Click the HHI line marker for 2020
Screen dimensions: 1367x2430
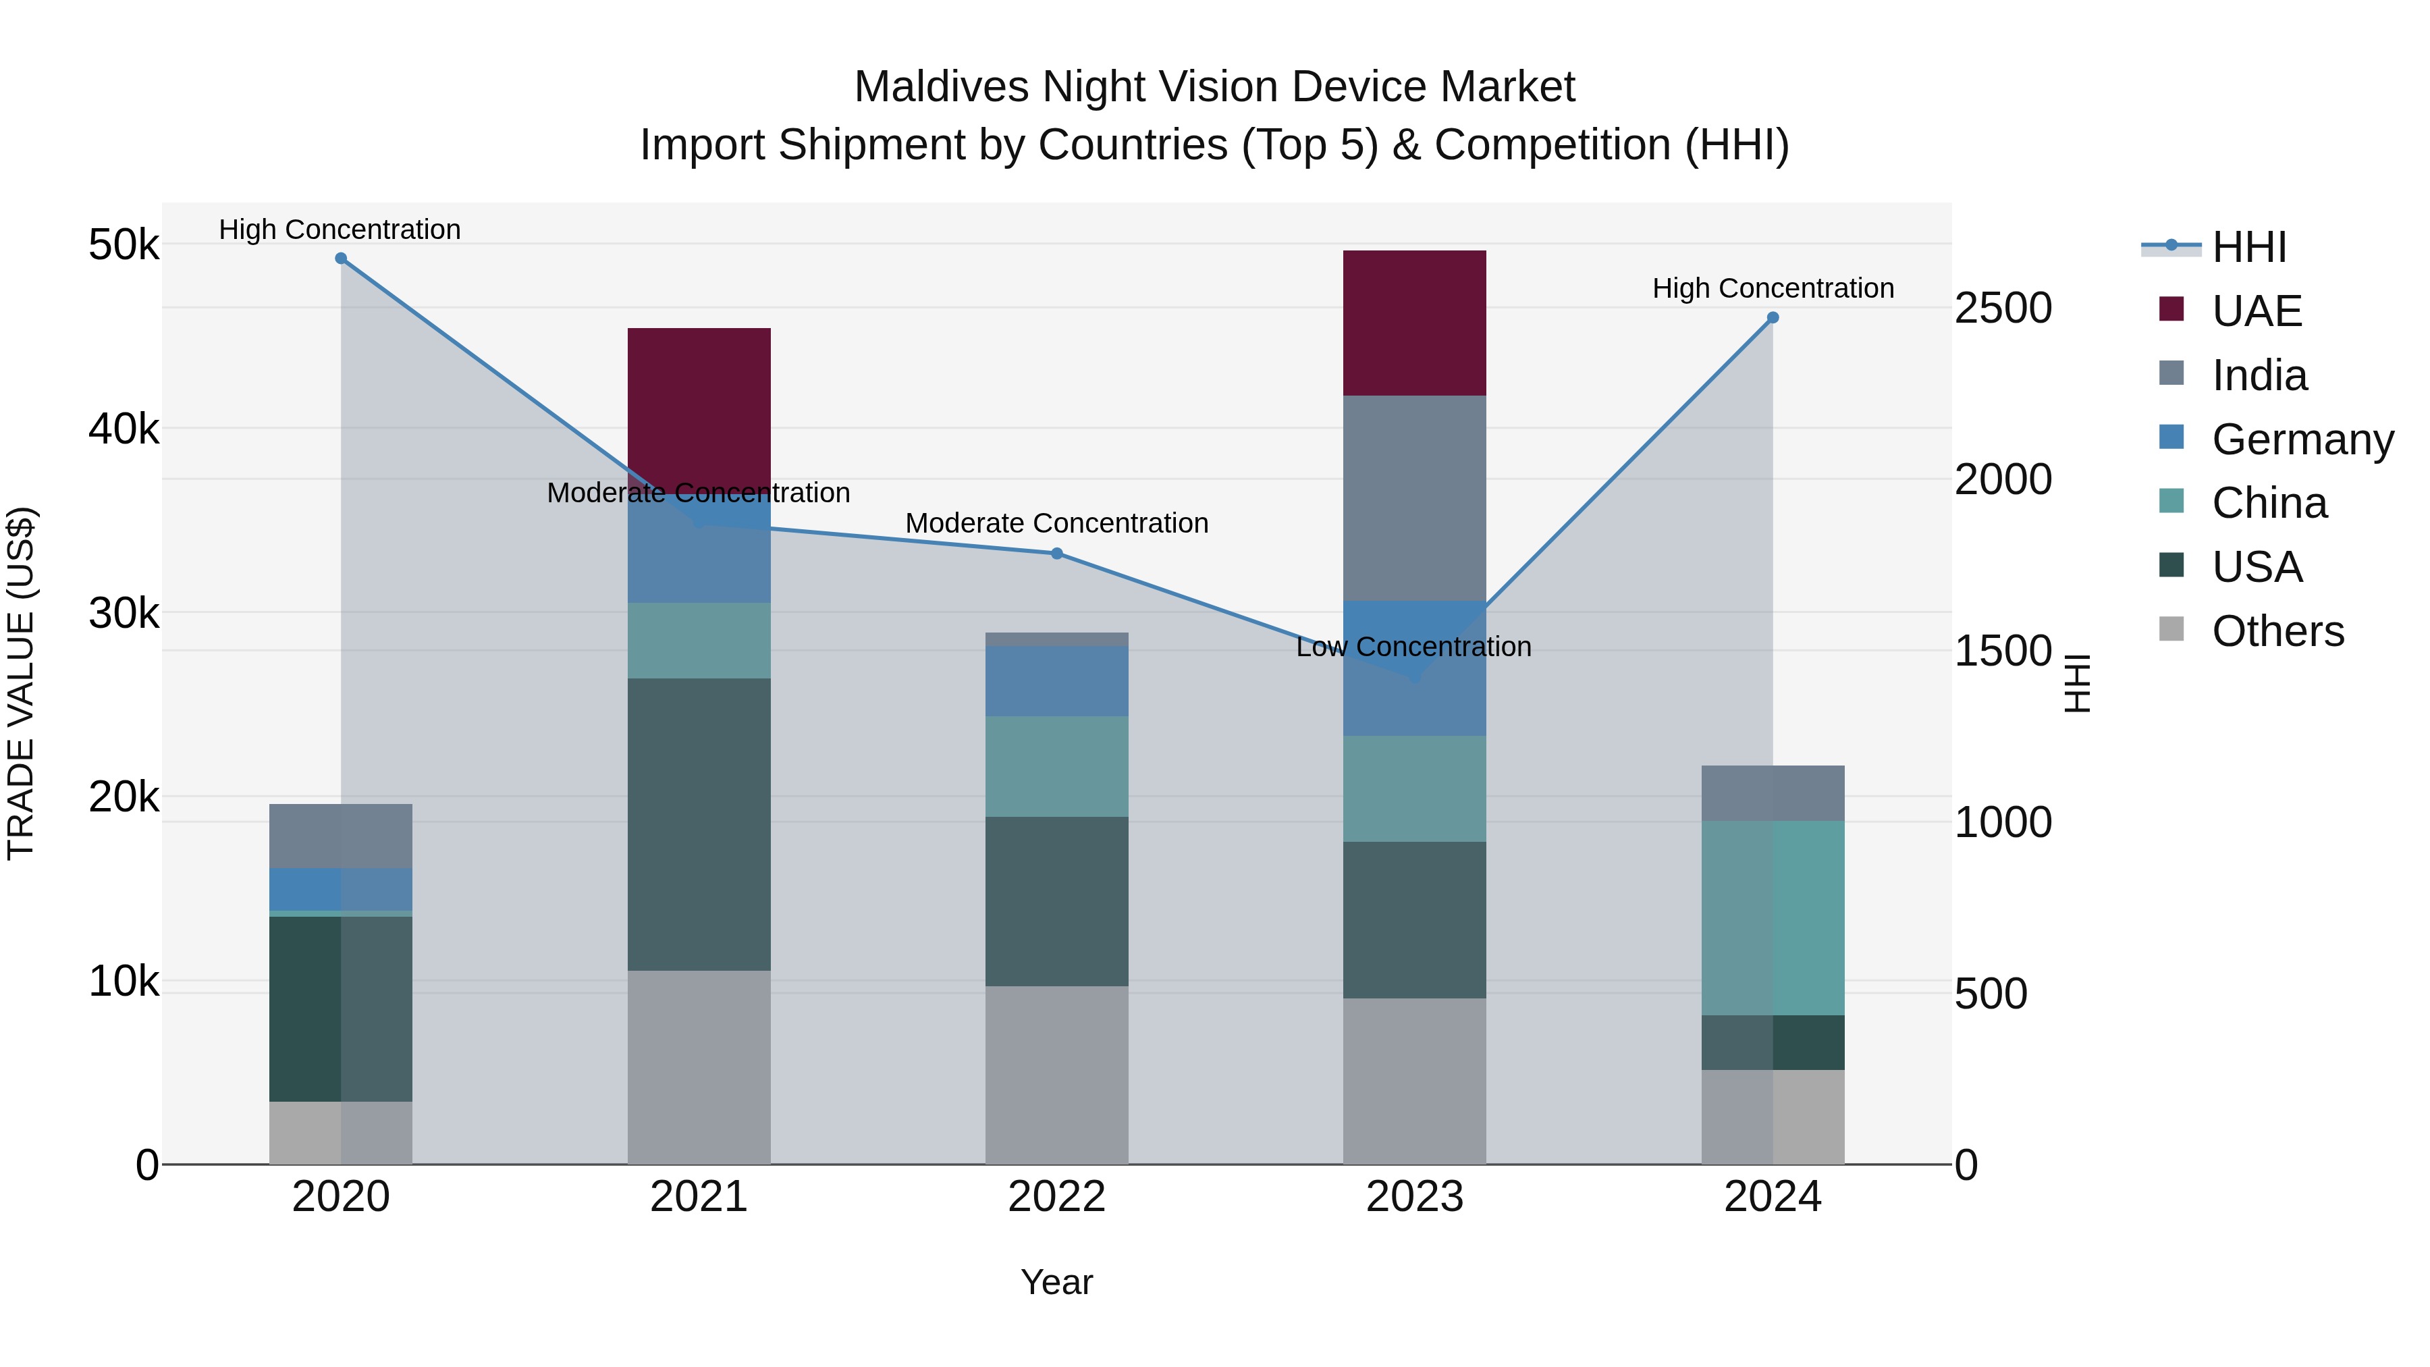point(341,259)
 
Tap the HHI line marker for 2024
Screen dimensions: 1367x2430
point(1773,318)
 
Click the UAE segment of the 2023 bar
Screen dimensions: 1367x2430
point(1414,323)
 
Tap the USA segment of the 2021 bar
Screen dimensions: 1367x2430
point(699,824)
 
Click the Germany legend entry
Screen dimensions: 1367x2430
point(2302,439)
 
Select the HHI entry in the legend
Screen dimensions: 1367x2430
point(2249,247)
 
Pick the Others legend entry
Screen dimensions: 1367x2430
point(2277,631)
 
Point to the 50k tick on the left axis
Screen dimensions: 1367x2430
point(124,245)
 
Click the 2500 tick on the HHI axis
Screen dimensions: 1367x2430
point(2003,309)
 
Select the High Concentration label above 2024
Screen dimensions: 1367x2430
point(1773,289)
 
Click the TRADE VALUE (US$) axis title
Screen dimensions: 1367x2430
point(21,683)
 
